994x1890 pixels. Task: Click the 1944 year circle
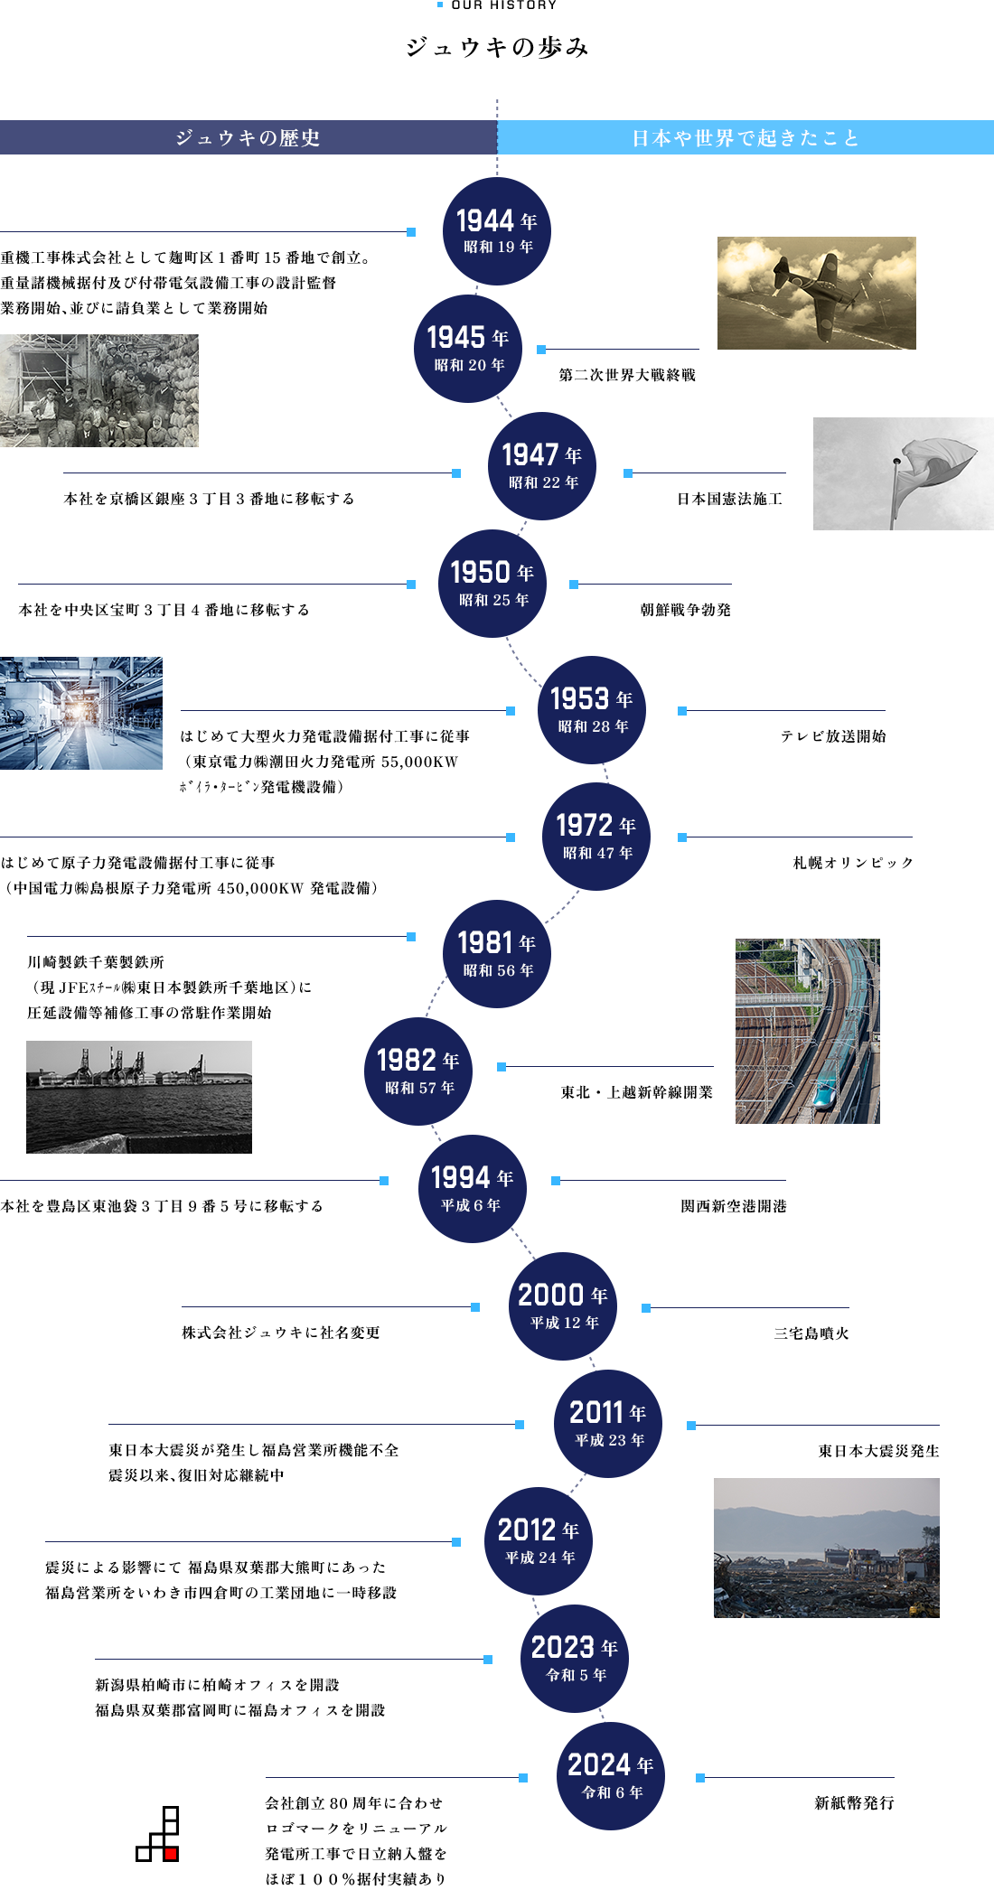[x=497, y=231]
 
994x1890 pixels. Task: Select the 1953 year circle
[x=592, y=710]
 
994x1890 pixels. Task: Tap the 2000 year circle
[x=563, y=1306]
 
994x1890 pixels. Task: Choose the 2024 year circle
[x=611, y=1776]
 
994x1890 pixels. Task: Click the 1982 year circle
[x=418, y=1071]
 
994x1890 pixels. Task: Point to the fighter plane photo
[x=817, y=293]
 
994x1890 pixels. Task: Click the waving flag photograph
[x=904, y=473]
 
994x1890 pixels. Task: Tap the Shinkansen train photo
[x=808, y=1031]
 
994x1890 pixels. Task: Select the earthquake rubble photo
[x=827, y=1548]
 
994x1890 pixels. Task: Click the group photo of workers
[x=99, y=390]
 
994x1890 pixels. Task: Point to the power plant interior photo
[x=81, y=713]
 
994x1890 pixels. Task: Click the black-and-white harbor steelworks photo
[x=139, y=1097]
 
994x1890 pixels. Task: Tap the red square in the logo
[x=171, y=1854]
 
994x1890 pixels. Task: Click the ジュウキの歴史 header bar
[x=248, y=137]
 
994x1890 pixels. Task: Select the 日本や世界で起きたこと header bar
[x=745, y=137]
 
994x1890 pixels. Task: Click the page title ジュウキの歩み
[x=497, y=47]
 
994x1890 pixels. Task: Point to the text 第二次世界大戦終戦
[x=627, y=375]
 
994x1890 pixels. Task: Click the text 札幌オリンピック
[x=854, y=863]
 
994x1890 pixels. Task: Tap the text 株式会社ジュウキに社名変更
[x=281, y=1333]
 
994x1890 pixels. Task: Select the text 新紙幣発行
[x=855, y=1802]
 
